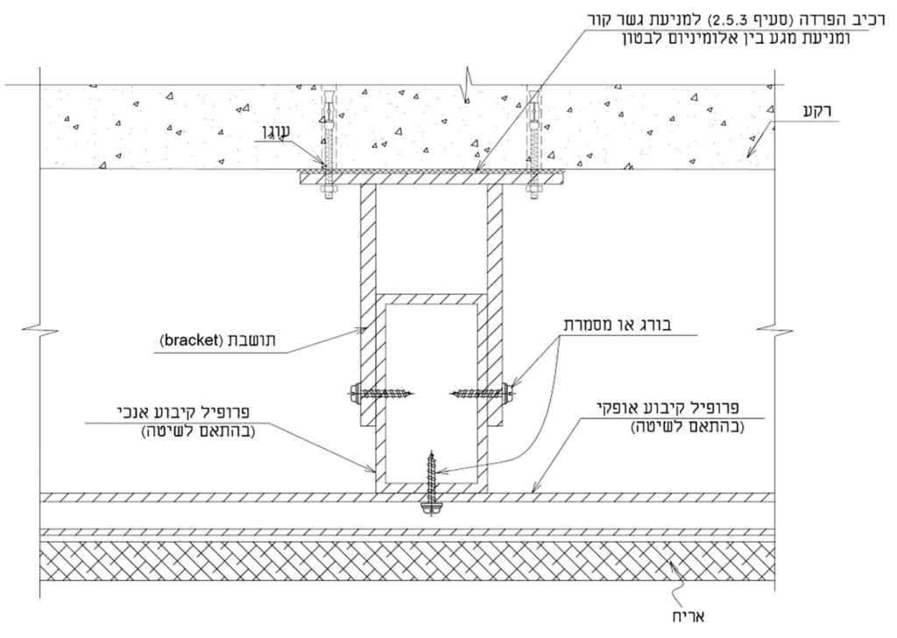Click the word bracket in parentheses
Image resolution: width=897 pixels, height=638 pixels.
189,340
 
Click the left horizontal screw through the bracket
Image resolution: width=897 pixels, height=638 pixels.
382,393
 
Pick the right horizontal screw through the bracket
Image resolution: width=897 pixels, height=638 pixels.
483,392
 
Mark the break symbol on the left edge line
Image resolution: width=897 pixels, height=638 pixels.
40,329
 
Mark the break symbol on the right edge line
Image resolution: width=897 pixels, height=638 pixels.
774,329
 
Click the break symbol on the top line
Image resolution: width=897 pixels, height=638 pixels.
467,85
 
